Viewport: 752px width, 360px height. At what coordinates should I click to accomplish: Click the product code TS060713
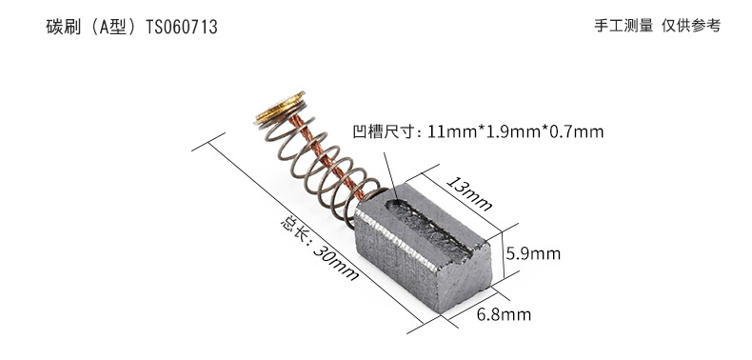pyautogui.click(x=181, y=27)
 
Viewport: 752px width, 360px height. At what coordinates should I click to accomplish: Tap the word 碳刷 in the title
pyautogui.click(x=62, y=27)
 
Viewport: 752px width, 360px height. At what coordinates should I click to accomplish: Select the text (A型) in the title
pyautogui.click(x=112, y=27)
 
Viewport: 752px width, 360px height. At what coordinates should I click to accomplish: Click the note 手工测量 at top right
pyautogui.click(x=623, y=26)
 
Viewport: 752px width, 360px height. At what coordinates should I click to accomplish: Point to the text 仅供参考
pyautogui.click(x=691, y=26)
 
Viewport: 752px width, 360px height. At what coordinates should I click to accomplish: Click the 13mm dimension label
pyautogui.click(x=469, y=193)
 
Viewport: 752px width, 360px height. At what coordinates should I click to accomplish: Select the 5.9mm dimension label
pyautogui.click(x=533, y=253)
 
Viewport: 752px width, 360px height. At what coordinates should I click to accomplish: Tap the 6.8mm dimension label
pyautogui.click(x=504, y=315)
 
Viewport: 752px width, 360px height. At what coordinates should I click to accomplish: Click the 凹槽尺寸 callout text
pyautogui.click(x=383, y=131)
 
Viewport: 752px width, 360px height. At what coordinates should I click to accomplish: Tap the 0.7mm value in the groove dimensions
pyautogui.click(x=577, y=131)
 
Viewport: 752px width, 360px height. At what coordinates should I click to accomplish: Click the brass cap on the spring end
pyautogui.click(x=280, y=108)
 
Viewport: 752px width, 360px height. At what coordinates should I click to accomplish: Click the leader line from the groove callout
pyautogui.click(x=390, y=176)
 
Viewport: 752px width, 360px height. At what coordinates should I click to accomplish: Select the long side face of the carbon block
pyautogui.click(x=396, y=263)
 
